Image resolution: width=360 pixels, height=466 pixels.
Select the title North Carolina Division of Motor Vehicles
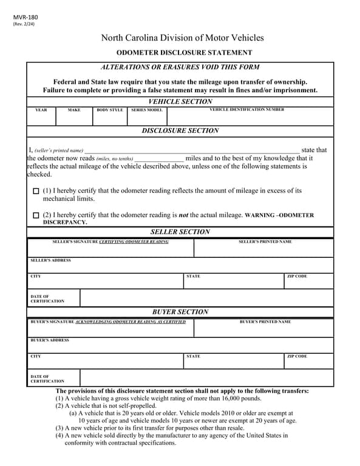point(182,38)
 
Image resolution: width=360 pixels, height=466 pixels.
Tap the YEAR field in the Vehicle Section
point(41,116)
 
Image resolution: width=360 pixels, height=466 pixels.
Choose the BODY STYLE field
point(110,116)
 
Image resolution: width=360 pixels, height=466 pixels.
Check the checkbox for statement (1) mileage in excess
point(36,191)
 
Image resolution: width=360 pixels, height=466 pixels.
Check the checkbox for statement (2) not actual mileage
point(36,215)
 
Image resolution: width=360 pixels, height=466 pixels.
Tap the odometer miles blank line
point(158,158)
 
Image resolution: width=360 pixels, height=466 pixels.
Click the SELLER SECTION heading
point(180,232)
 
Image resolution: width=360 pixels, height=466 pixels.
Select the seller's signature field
point(110,248)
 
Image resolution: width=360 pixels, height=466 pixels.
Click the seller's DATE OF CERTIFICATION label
point(47,299)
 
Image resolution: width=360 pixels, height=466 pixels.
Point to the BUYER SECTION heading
point(180,312)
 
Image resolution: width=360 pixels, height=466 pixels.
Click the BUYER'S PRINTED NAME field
point(264,328)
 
